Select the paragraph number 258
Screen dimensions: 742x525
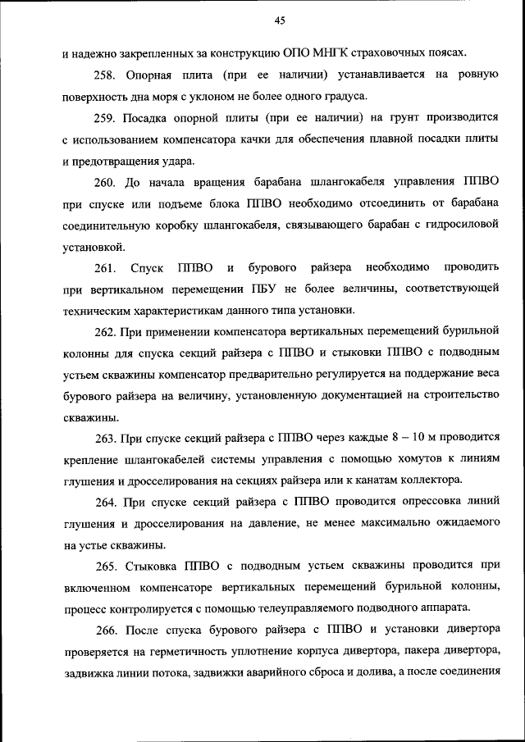[x=106, y=75]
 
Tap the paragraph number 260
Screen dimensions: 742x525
[x=106, y=181]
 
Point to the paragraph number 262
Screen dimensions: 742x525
[x=106, y=331]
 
